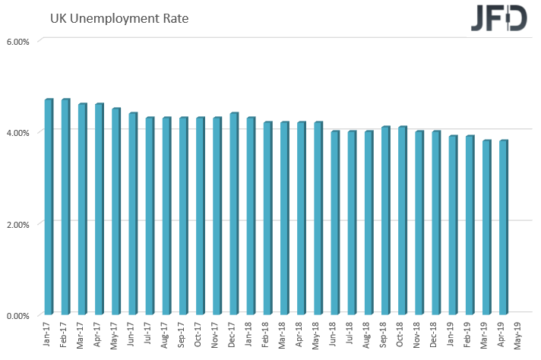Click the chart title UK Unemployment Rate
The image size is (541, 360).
point(119,17)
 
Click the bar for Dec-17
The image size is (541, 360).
point(233,213)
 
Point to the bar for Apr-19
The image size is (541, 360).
point(502,227)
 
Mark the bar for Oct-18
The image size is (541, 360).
point(401,220)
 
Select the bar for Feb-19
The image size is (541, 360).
point(469,225)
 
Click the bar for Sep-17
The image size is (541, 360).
point(183,216)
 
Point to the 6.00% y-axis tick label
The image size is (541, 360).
point(19,42)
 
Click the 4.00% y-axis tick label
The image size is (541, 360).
point(19,133)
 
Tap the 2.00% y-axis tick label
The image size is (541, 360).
point(19,224)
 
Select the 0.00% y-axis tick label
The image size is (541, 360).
point(19,315)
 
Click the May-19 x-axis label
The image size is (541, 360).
point(519,334)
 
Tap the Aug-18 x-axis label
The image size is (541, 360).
point(368,334)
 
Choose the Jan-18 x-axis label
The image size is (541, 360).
point(250,334)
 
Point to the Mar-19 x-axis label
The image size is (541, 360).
point(486,334)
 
